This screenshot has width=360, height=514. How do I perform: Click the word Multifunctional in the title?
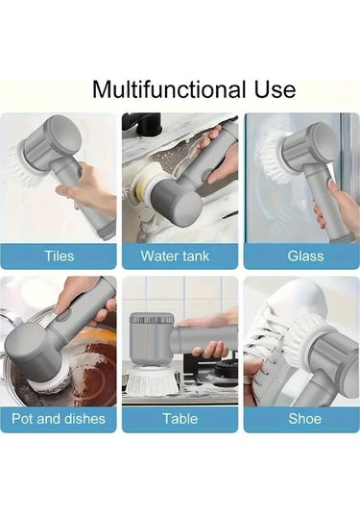pyautogui.click(x=169, y=89)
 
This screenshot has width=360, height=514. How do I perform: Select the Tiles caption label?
pyautogui.click(x=59, y=256)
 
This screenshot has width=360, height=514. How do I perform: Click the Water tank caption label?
pyautogui.click(x=175, y=256)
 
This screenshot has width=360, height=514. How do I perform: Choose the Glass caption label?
pyautogui.click(x=305, y=256)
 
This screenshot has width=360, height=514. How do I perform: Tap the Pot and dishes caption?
pyautogui.click(x=59, y=419)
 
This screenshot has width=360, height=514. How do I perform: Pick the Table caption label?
pyautogui.click(x=180, y=419)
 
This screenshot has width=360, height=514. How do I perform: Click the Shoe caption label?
pyautogui.click(x=304, y=419)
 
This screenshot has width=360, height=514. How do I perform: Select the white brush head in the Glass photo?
pyautogui.click(x=275, y=158)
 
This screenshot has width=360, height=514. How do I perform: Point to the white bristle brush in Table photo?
pyautogui.click(x=152, y=380)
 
